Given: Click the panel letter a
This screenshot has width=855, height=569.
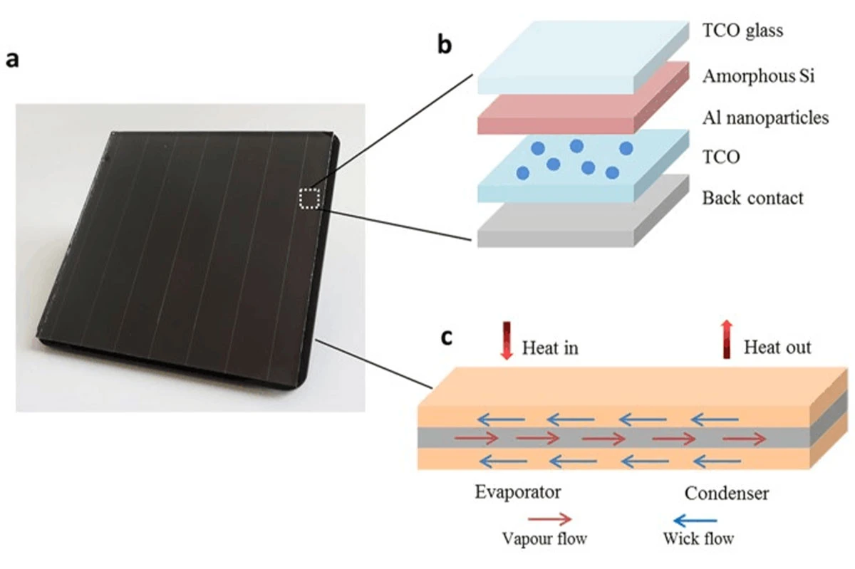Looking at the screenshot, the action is click(x=12, y=60).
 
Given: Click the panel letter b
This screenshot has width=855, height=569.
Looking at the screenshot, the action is click(x=445, y=45).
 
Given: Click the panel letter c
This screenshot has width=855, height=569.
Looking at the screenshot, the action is click(x=447, y=338).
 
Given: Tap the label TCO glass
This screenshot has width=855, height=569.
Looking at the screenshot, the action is click(x=742, y=31).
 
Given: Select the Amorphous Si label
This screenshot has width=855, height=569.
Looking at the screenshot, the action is click(x=758, y=76).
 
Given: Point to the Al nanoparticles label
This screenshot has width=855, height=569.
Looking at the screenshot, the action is click(x=766, y=118).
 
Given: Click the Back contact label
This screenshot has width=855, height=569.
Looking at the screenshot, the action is click(x=752, y=198).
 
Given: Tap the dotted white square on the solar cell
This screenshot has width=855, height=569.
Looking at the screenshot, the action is click(x=309, y=199).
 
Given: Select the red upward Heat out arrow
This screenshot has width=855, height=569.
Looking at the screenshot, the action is click(x=727, y=339).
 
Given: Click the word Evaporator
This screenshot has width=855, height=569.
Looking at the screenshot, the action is click(x=517, y=492).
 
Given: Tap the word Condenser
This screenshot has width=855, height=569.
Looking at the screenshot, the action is click(x=726, y=494).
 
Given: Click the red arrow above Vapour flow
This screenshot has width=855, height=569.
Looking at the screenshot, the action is click(x=549, y=519).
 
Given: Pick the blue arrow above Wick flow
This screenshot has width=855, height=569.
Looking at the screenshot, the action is click(x=695, y=520).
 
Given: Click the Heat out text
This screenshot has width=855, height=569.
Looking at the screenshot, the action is click(x=777, y=348).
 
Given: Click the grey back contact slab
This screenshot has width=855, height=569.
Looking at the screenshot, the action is click(x=584, y=221).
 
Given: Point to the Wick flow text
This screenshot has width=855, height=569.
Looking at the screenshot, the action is click(x=698, y=538).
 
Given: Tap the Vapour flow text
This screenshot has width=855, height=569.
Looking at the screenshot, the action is click(x=544, y=538).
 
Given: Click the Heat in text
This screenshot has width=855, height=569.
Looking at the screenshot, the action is click(x=550, y=348).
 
